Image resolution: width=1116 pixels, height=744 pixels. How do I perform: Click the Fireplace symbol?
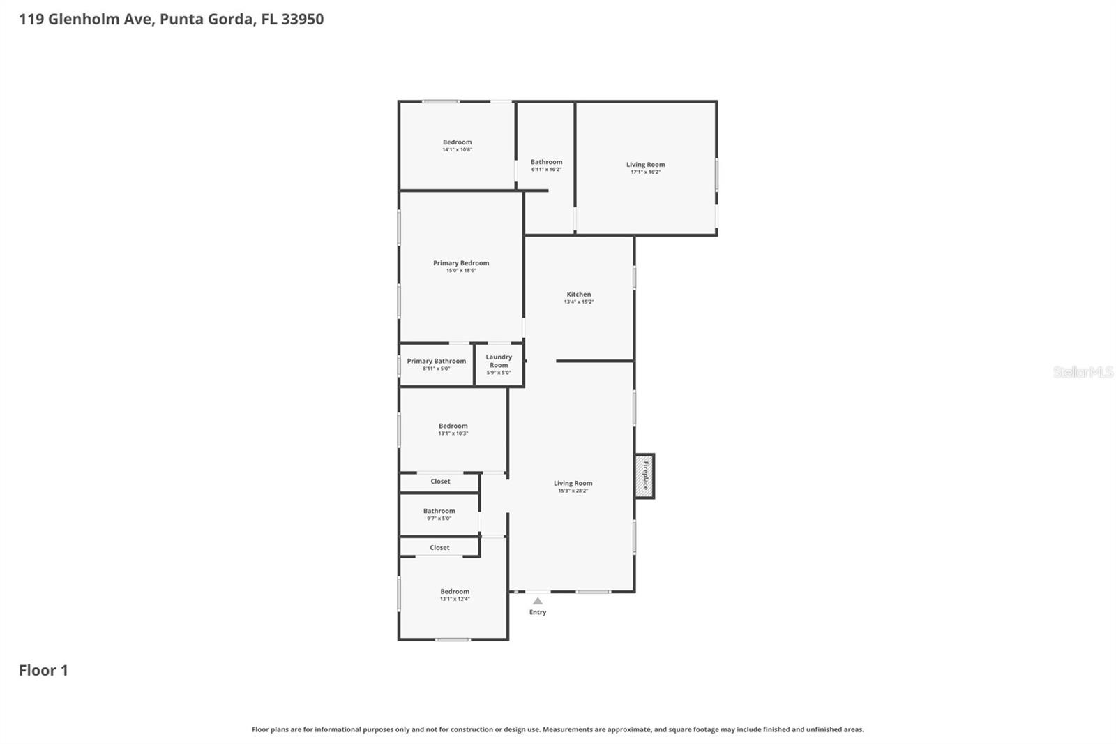[644, 476]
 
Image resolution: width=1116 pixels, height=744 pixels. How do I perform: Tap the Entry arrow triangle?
[537, 601]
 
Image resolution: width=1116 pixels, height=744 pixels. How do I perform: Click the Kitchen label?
[578, 295]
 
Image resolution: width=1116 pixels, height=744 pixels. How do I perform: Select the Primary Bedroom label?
[461, 263]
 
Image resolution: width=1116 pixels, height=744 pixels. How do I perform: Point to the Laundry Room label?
[499, 361]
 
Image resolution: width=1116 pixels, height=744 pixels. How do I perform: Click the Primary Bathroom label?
[436, 361]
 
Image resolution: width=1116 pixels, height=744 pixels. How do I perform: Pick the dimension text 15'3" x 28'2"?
[573, 491]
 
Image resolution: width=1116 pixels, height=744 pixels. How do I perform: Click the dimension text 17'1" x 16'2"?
[645, 172]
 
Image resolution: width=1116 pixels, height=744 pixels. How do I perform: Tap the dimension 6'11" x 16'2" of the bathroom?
[546, 169]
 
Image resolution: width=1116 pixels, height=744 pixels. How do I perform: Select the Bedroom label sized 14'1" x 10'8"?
[457, 142]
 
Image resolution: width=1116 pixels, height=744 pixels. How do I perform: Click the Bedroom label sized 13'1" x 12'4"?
[454, 591]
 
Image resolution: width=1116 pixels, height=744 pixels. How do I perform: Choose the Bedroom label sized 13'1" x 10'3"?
[453, 426]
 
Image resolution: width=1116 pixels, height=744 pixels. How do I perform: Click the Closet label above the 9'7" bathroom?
[440, 482]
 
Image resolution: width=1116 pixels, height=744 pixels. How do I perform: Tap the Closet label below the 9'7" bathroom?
[439, 548]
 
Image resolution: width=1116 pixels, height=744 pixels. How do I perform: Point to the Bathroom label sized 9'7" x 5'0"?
[439, 511]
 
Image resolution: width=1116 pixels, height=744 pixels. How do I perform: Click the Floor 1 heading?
[43, 670]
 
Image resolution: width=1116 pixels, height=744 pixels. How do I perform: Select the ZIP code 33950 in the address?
[302, 19]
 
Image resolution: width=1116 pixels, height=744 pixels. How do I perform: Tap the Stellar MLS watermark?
[1083, 372]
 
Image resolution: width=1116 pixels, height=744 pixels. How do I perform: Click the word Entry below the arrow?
[537, 612]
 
